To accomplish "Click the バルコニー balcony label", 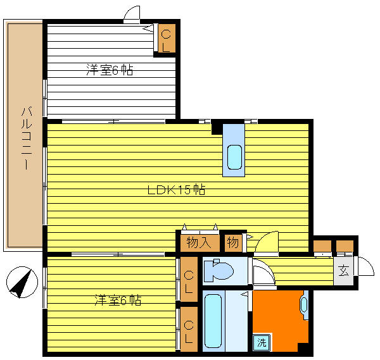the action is point(27,139).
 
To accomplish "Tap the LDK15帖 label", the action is point(177,190).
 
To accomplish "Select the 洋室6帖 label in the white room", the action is point(110,70).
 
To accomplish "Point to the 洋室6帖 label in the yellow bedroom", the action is point(118,300).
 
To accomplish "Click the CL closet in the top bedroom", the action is point(167,38).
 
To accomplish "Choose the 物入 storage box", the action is point(199,243).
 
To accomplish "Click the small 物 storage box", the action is point(233,242).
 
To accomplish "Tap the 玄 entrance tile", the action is point(343,271).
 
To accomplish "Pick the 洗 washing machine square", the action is point(262,342).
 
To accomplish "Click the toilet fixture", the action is point(218,270).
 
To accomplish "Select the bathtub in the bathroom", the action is point(213,321).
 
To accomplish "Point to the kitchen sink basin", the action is point(234,157).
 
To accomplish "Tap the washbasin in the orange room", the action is point(304,304).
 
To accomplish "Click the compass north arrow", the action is point(22,282).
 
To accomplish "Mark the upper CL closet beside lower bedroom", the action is point(189,279).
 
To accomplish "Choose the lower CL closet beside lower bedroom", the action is point(189,329).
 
